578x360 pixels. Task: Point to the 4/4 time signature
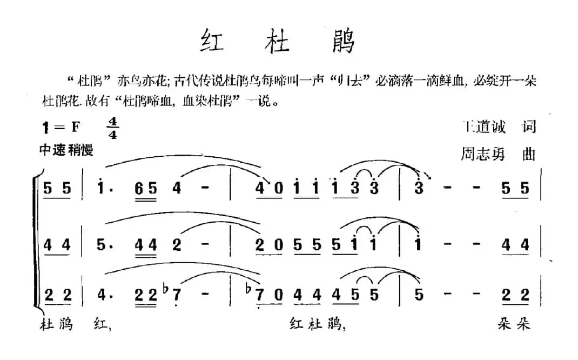[112, 128]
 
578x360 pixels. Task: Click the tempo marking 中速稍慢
[66, 150]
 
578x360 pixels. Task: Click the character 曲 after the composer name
[529, 154]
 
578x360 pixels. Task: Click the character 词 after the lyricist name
[529, 127]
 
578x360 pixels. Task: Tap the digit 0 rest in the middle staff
[277, 246]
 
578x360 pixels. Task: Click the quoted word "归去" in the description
[351, 82]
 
